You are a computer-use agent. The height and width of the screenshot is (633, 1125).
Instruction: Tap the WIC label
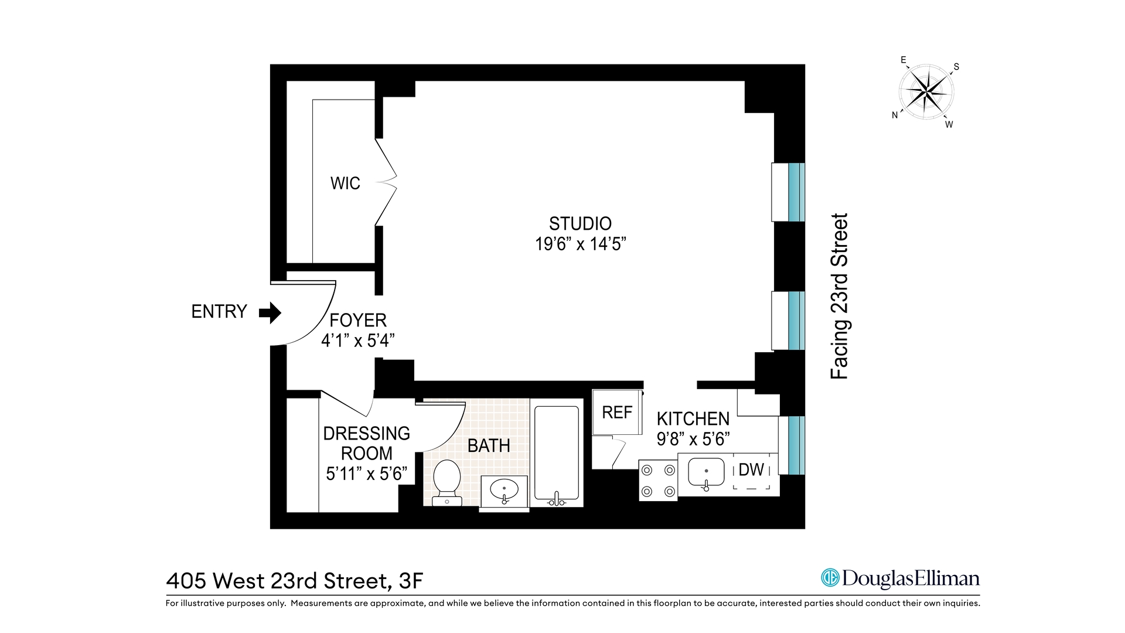pos(345,183)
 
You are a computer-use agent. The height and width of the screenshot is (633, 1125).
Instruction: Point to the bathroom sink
pos(503,489)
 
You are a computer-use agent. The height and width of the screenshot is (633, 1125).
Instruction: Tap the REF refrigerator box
pos(617,413)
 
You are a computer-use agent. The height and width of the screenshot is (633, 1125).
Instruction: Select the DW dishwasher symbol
pos(751,470)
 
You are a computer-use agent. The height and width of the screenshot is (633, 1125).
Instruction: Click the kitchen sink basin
pos(706,472)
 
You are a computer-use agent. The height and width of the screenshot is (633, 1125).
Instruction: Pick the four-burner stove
pos(657,481)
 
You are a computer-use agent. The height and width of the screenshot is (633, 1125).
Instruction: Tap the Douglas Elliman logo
pos(900,578)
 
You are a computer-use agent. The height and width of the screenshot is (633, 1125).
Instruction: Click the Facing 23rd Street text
pos(840,297)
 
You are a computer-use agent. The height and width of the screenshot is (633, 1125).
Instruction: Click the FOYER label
pos(357,321)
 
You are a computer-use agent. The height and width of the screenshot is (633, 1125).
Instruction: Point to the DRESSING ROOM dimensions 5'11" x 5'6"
pos(366,473)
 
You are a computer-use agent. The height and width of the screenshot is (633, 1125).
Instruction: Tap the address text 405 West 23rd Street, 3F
pos(295,581)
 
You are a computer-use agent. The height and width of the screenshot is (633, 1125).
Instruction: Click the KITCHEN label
pos(693,419)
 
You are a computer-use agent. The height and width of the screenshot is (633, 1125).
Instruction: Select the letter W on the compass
pos(949,125)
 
